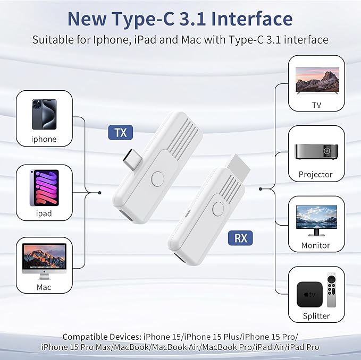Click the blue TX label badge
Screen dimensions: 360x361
pyautogui.click(x=121, y=132)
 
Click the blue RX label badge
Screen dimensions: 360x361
pyautogui.click(x=241, y=237)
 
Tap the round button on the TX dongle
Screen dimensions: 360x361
pyautogui.click(x=157, y=178)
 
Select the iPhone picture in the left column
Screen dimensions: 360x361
pyautogui.click(x=44, y=114)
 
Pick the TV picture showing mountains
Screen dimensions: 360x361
pyautogui.click(x=316, y=83)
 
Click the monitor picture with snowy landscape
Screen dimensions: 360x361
pyautogui.click(x=316, y=220)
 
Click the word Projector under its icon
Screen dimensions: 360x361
pyautogui.click(x=316, y=174)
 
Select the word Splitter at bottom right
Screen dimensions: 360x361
pyautogui.click(x=316, y=316)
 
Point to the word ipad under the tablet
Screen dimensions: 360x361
pyautogui.click(x=44, y=213)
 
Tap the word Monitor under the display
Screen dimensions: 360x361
pyautogui.click(x=316, y=245)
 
